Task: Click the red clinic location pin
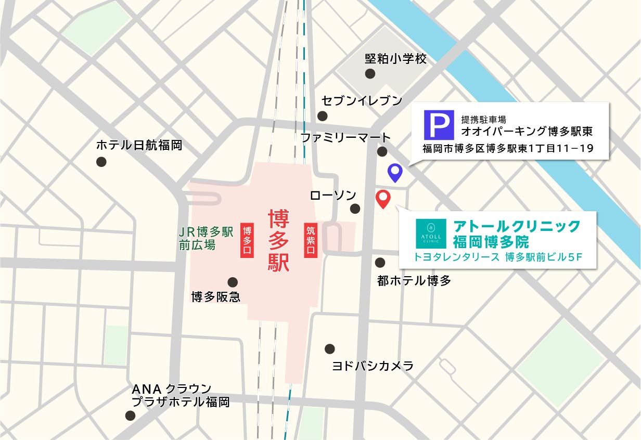point(383,198)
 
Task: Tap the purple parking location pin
point(396,171)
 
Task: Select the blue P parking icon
point(439,125)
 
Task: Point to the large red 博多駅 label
point(278,240)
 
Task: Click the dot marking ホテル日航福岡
point(101,162)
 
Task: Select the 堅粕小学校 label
point(395,59)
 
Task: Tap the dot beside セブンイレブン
point(323,115)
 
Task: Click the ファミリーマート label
point(345,138)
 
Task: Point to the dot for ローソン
point(355,209)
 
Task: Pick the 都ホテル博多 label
point(414,281)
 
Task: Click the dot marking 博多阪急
point(233,282)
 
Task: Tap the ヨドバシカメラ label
point(373,366)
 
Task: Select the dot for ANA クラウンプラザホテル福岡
point(130,416)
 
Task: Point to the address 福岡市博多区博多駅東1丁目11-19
point(508,149)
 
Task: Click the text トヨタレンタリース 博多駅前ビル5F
point(497,257)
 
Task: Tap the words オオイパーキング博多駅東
point(527,131)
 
